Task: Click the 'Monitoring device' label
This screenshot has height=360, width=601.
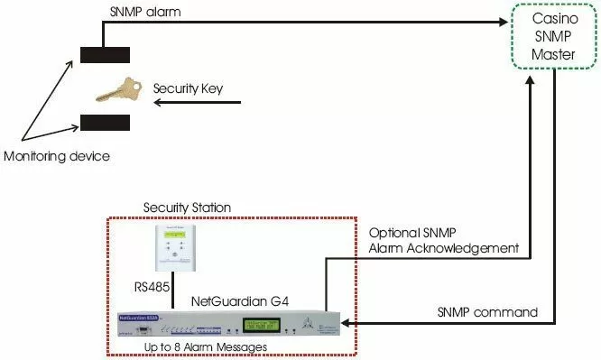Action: (56, 157)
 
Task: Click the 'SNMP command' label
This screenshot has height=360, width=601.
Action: (487, 312)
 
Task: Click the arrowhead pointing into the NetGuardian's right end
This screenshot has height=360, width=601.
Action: (345, 323)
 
